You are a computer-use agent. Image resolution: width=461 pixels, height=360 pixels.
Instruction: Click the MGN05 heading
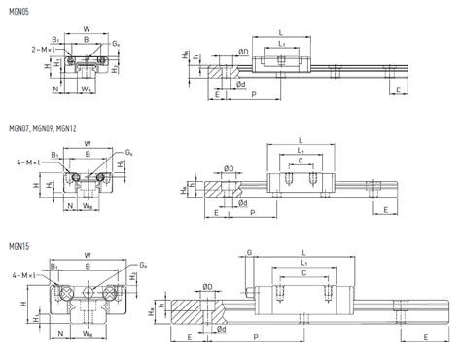click(x=20, y=12)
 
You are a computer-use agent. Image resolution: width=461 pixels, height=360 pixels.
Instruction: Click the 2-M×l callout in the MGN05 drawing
click(x=44, y=48)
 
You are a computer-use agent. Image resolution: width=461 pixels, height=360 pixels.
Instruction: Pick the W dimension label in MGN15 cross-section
click(x=88, y=256)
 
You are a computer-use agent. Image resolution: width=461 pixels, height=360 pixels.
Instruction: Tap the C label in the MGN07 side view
click(x=300, y=160)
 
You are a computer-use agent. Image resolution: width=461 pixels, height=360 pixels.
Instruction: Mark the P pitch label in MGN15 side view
click(x=255, y=338)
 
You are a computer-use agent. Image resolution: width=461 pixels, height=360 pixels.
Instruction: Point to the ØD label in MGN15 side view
click(x=208, y=286)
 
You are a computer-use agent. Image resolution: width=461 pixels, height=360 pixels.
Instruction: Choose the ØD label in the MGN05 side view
click(x=243, y=51)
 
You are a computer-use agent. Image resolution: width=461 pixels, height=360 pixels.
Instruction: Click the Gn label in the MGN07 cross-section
click(x=128, y=152)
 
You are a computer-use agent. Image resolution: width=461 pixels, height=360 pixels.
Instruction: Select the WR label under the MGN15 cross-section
click(x=88, y=333)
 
